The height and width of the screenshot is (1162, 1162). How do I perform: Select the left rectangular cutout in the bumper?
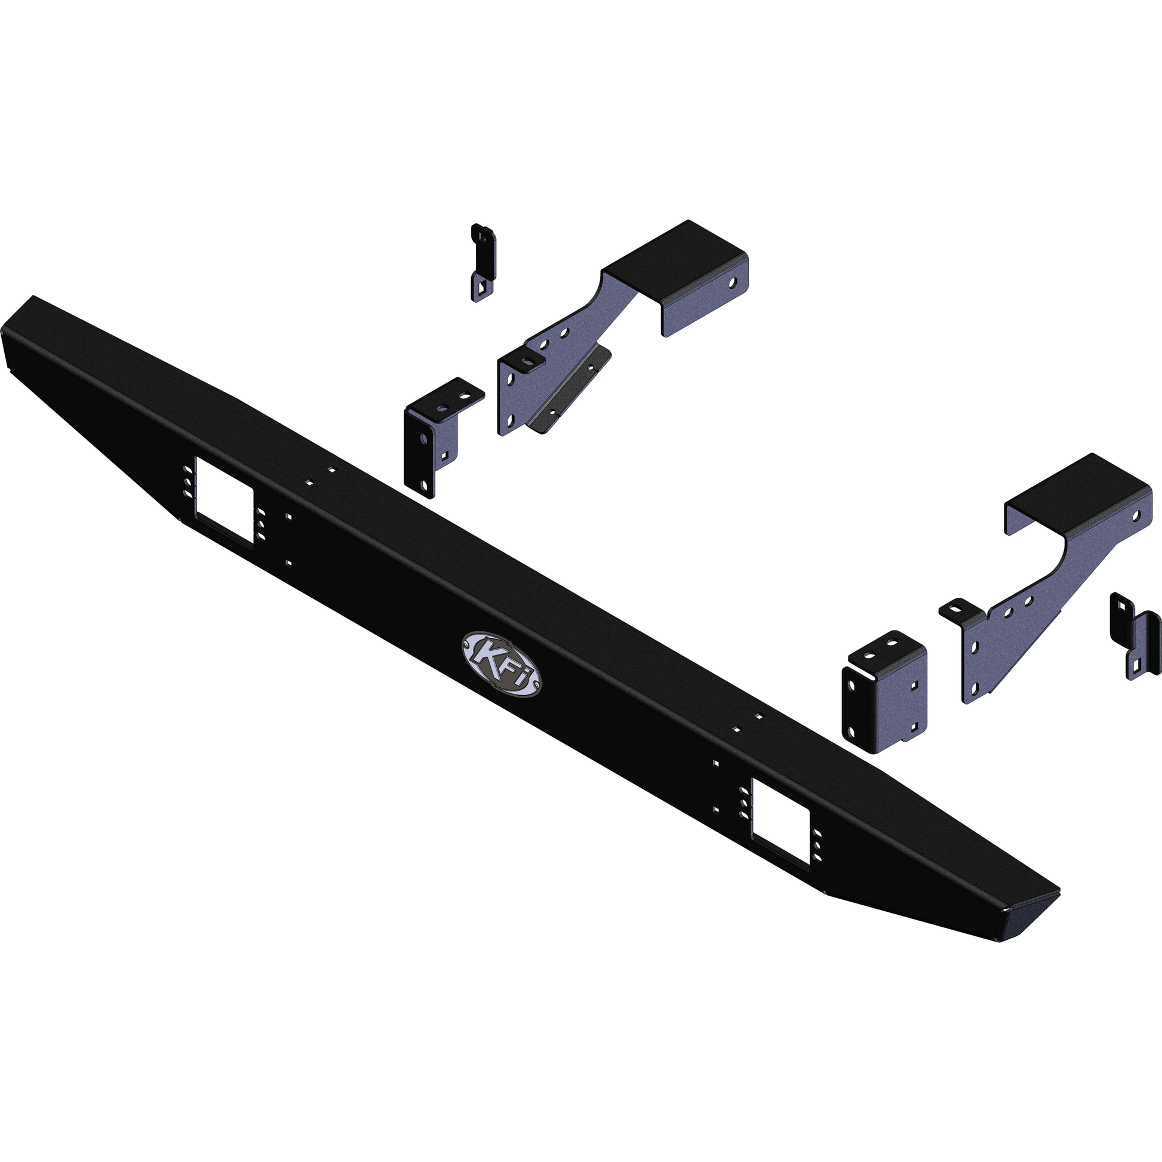point(223,501)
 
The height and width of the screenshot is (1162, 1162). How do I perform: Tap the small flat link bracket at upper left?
point(483,262)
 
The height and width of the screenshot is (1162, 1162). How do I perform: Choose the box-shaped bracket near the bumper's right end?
point(885,693)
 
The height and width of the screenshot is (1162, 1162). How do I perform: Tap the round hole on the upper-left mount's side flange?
point(733,281)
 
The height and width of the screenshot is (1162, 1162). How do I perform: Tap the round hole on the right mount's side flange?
point(1136,515)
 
